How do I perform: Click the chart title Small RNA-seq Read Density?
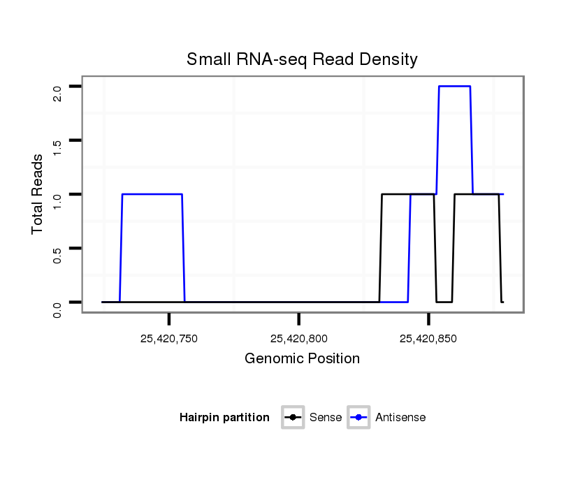(302, 60)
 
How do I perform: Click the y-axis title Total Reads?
(38, 193)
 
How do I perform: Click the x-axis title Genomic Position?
(302, 359)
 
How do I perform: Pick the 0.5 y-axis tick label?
(57, 255)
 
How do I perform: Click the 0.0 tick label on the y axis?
(57, 309)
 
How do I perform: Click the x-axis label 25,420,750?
(168, 339)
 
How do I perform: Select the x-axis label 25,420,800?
(298, 339)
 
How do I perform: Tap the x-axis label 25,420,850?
(428, 339)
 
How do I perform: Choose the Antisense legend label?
(400, 418)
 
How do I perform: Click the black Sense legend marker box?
(293, 418)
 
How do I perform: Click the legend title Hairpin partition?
(224, 418)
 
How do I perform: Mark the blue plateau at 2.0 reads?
(454, 87)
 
